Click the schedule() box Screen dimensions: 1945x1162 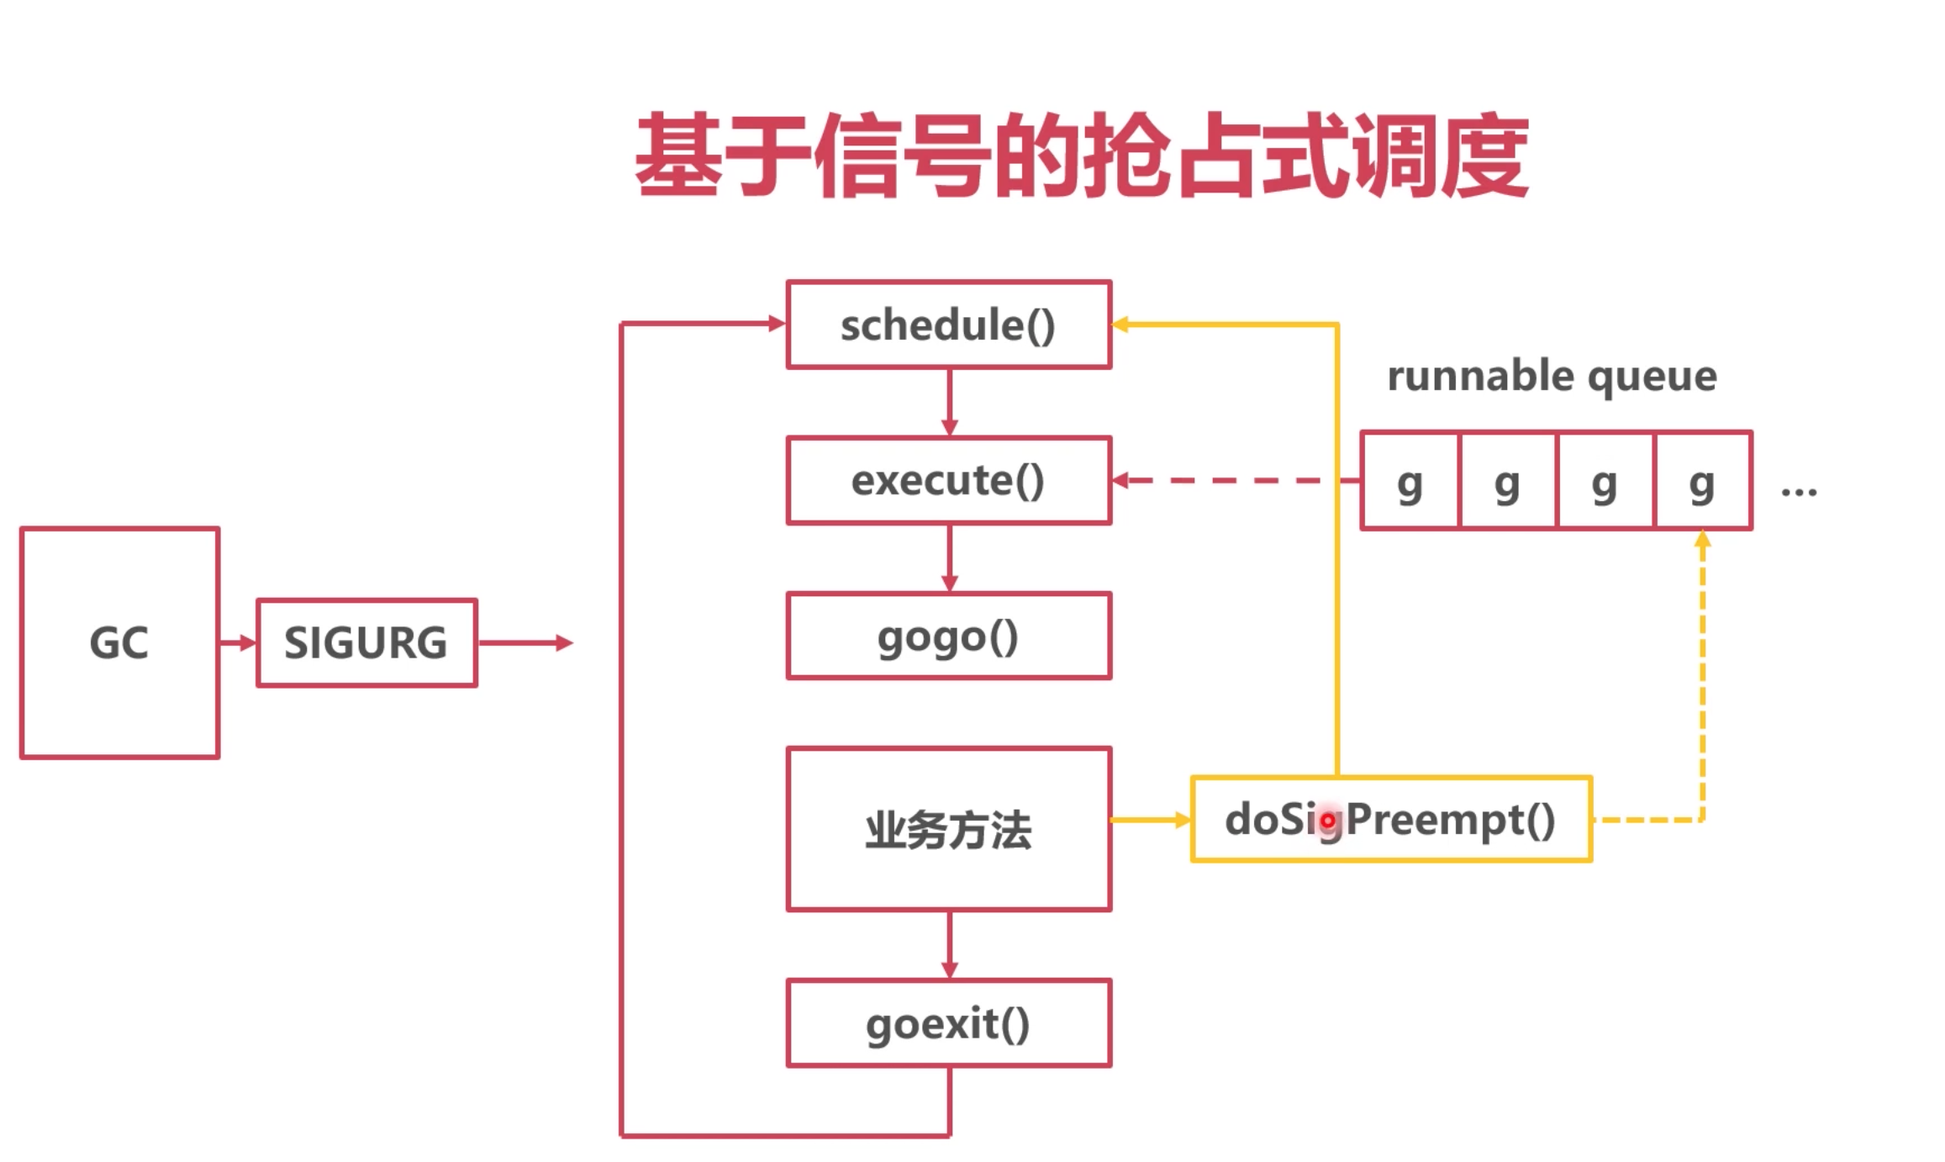click(x=949, y=325)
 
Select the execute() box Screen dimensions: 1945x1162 click(x=949, y=480)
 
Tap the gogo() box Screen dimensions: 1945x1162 click(x=949, y=636)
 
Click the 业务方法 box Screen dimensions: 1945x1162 click(x=949, y=829)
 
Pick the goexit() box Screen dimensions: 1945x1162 click(x=949, y=1023)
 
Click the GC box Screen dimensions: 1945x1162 click(x=119, y=643)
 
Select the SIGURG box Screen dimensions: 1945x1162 click(x=366, y=643)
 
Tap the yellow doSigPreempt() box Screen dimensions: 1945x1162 click(x=1392, y=819)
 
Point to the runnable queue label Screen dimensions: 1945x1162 click(x=1552, y=376)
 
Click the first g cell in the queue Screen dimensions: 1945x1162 click(x=1410, y=480)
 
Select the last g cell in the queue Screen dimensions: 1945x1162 click(x=1703, y=480)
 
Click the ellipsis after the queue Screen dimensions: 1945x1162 click(x=1799, y=492)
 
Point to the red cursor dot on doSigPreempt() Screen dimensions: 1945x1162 click(x=1327, y=820)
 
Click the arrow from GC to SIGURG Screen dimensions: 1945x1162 click(x=238, y=643)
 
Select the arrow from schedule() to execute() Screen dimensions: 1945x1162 click(x=950, y=402)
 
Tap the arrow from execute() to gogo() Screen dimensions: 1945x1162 click(x=950, y=558)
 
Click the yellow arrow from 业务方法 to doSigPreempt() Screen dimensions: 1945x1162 click(x=1151, y=820)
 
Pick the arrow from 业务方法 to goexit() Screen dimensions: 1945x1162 click(x=950, y=945)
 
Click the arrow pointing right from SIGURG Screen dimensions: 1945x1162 click(x=525, y=643)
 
